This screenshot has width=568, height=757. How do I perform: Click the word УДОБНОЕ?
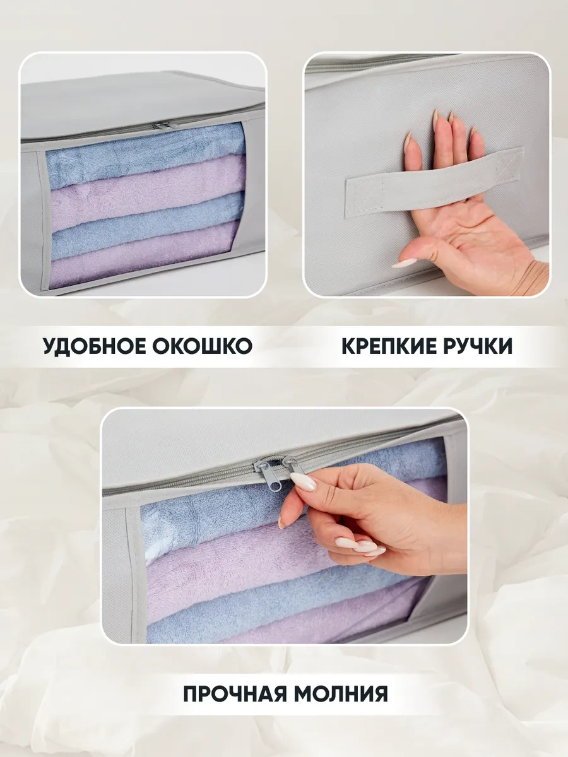(x=94, y=346)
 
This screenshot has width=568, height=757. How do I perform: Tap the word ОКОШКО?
(x=202, y=346)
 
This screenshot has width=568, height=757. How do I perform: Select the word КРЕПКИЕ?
(x=388, y=346)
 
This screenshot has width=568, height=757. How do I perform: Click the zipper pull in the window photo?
(x=158, y=126)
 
